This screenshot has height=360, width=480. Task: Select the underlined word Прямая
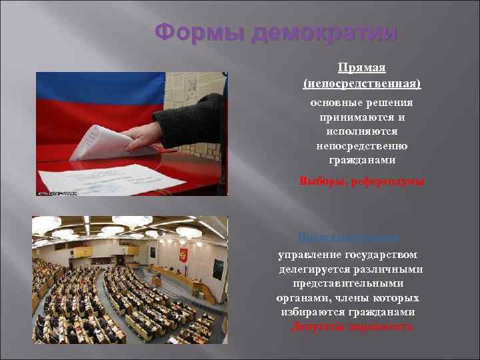click(x=362, y=68)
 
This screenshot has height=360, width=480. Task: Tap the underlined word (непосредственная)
click(x=362, y=84)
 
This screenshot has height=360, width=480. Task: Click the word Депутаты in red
click(x=317, y=327)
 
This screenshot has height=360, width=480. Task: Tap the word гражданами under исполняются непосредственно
click(x=362, y=161)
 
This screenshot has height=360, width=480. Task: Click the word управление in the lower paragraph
click(x=309, y=254)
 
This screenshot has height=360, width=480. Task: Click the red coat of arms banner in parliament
click(x=183, y=255)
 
